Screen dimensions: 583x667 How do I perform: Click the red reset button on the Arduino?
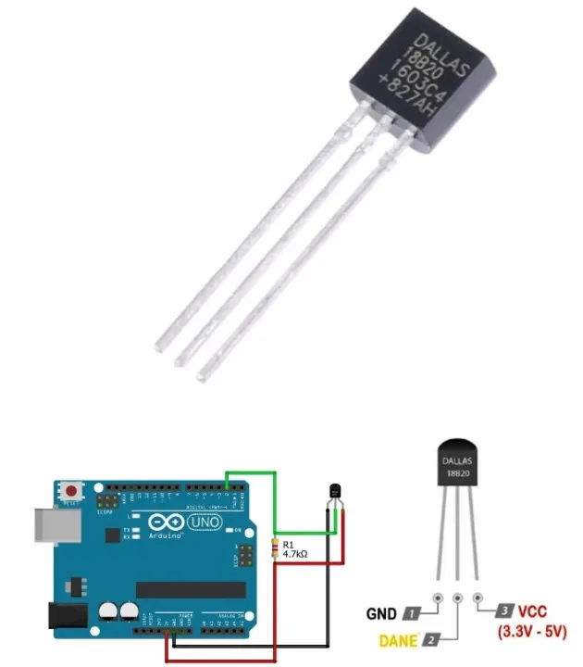tap(71, 487)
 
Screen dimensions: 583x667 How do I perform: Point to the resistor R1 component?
tap(274, 547)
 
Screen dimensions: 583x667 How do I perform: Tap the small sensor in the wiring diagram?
tap(335, 492)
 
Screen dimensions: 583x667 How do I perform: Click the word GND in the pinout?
tap(381, 613)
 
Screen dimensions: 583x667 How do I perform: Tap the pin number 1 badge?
tap(410, 613)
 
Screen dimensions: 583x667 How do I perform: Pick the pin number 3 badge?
tap(503, 611)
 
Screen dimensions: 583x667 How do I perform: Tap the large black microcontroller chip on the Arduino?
tap(189, 589)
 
